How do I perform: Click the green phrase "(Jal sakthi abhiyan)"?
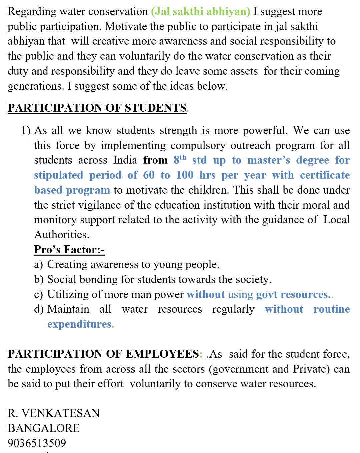(200, 12)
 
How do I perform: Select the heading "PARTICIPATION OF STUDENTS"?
(97, 108)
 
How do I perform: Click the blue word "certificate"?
(325, 175)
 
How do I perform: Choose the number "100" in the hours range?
(185, 175)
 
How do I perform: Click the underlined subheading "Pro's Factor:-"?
(69, 250)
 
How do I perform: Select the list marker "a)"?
(38, 265)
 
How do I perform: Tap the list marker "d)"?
(39, 309)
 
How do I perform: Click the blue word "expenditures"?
(80, 324)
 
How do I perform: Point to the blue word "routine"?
(331, 309)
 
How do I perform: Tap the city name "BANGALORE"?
(44, 428)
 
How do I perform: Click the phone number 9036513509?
(37, 443)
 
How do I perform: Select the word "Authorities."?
(62, 235)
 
